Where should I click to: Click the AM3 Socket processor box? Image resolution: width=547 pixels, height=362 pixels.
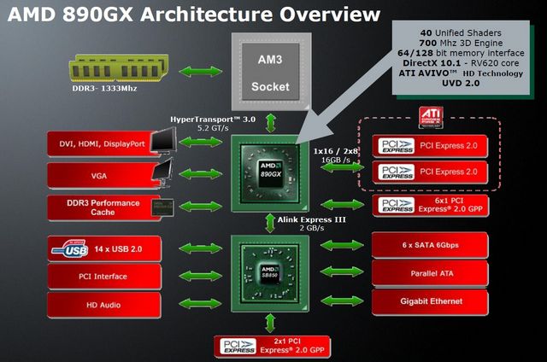coord(271,72)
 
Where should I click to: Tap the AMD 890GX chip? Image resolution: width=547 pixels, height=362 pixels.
coord(270,173)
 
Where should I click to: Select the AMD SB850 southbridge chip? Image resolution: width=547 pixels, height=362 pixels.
coord(270,273)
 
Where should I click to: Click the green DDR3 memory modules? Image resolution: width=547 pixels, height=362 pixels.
coord(119,68)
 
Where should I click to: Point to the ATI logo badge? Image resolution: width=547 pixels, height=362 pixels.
coord(431,118)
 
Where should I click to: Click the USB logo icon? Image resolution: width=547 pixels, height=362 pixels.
coord(70,248)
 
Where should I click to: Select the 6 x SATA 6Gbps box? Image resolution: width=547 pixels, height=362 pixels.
coord(430,245)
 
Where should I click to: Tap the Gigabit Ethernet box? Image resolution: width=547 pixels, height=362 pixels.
coord(430,301)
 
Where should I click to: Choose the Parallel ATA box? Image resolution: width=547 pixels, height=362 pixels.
coord(430,273)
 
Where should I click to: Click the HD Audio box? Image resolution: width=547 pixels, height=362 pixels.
coord(104,305)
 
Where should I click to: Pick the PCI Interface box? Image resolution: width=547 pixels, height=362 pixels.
coord(104,277)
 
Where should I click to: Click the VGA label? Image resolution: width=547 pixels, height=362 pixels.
coord(99,176)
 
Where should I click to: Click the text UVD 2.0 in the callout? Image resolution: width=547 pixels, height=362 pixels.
coord(461,84)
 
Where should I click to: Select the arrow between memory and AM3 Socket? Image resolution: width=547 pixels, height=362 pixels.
coord(201,72)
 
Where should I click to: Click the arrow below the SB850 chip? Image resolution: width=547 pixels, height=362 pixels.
coord(270,324)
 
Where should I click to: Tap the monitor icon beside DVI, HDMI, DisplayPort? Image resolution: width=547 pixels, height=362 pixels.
coord(163,140)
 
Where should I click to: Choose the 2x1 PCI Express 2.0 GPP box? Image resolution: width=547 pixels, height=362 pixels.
coord(272,347)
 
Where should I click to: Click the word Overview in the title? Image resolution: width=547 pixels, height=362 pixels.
coord(330,15)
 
